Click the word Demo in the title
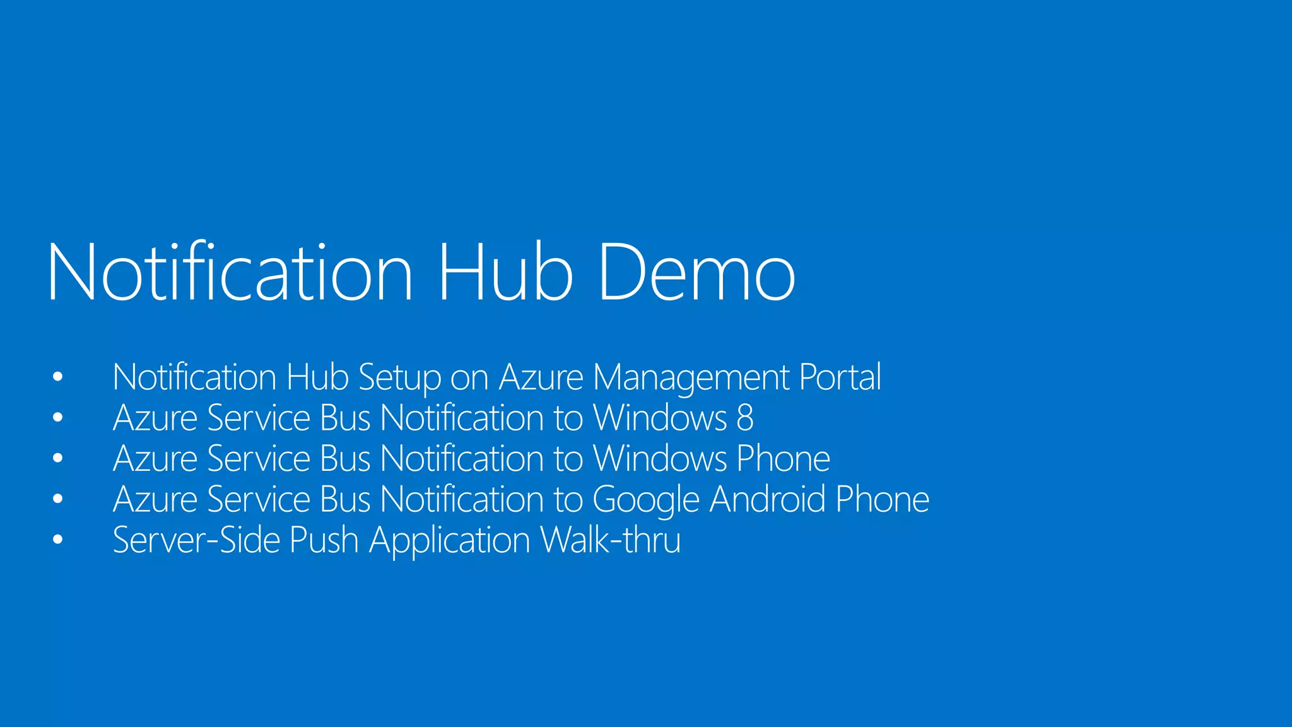pyautogui.click(x=696, y=273)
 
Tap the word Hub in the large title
pyautogui.click(x=505, y=273)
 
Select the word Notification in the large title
pyautogui.click(x=230, y=273)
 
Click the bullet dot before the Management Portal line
pyautogui.click(x=58, y=377)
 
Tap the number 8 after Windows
pyautogui.click(x=745, y=418)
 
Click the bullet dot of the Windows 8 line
pyautogui.click(x=58, y=418)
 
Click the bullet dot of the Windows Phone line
pyautogui.click(x=58, y=459)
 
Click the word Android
pyautogui.click(x=767, y=499)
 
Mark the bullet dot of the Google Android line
pyautogui.click(x=58, y=499)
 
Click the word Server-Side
pyautogui.click(x=196, y=540)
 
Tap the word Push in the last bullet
pyautogui.click(x=324, y=540)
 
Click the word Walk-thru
pyautogui.click(x=611, y=540)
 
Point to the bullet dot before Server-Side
pyautogui.click(x=58, y=540)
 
